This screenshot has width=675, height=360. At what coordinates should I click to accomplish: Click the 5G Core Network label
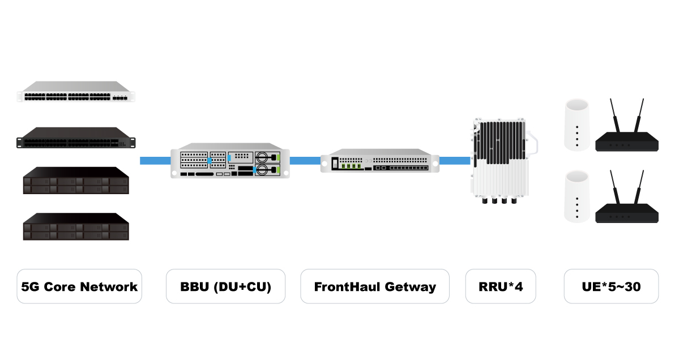coord(79,286)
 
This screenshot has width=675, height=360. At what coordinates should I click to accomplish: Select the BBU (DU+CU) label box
coord(225,286)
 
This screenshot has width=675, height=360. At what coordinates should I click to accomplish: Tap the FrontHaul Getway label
coord(375,286)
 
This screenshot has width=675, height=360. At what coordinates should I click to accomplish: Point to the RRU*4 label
coord(500,286)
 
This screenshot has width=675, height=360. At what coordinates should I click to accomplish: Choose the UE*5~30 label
coord(611,286)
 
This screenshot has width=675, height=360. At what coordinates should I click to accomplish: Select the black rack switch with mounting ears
coord(77,138)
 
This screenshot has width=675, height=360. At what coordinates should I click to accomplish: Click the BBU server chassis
coord(230,163)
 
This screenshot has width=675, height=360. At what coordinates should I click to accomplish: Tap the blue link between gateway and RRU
coord(455,160)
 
